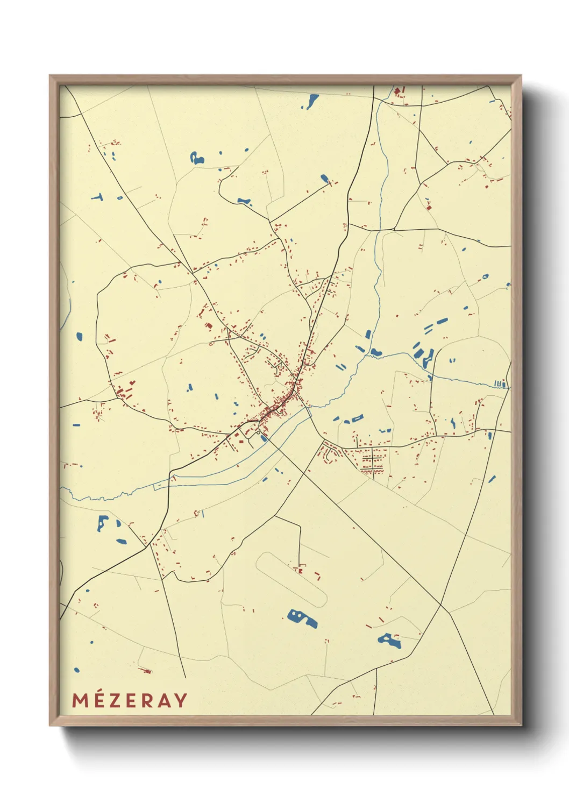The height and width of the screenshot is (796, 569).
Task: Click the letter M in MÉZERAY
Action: [x=80, y=700]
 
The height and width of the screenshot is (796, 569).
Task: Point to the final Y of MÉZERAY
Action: [x=181, y=700]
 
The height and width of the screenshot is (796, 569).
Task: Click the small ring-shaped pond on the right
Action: [x=486, y=277]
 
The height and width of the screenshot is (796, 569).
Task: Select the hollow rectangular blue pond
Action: [x=357, y=418]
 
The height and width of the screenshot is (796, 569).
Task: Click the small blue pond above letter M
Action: [x=76, y=670]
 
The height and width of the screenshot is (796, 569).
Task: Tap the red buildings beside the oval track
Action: [x=299, y=568]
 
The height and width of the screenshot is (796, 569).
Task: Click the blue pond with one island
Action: [x=389, y=640]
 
